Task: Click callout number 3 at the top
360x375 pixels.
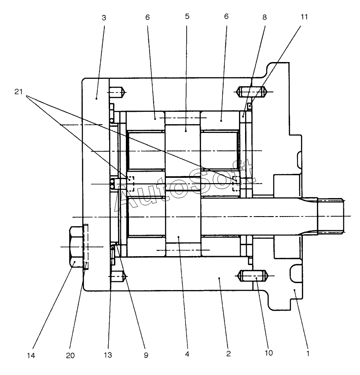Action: tap(104, 18)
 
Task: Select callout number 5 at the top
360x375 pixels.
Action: tap(187, 16)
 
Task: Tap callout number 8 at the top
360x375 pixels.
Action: tap(264, 17)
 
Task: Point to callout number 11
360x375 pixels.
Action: tap(304, 17)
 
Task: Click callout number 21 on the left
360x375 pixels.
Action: tap(18, 92)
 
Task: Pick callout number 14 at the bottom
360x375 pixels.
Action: tap(31, 356)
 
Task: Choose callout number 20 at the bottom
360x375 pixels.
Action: tap(70, 356)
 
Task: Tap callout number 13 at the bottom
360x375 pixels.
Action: tap(108, 355)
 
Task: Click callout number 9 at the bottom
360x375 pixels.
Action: tap(146, 355)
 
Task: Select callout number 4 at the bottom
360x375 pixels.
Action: tap(187, 354)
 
